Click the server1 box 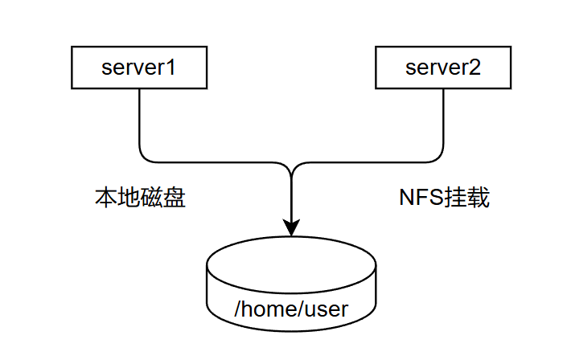click(139, 67)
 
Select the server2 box click(443, 67)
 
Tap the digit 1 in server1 click(171, 67)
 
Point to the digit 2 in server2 click(475, 67)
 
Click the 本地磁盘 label click(141, 198)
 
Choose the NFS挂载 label click(445, 198)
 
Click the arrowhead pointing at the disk click(291, 227)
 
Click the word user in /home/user click(327, 309)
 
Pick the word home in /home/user click(269, 309)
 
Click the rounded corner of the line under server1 click(144, 157)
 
